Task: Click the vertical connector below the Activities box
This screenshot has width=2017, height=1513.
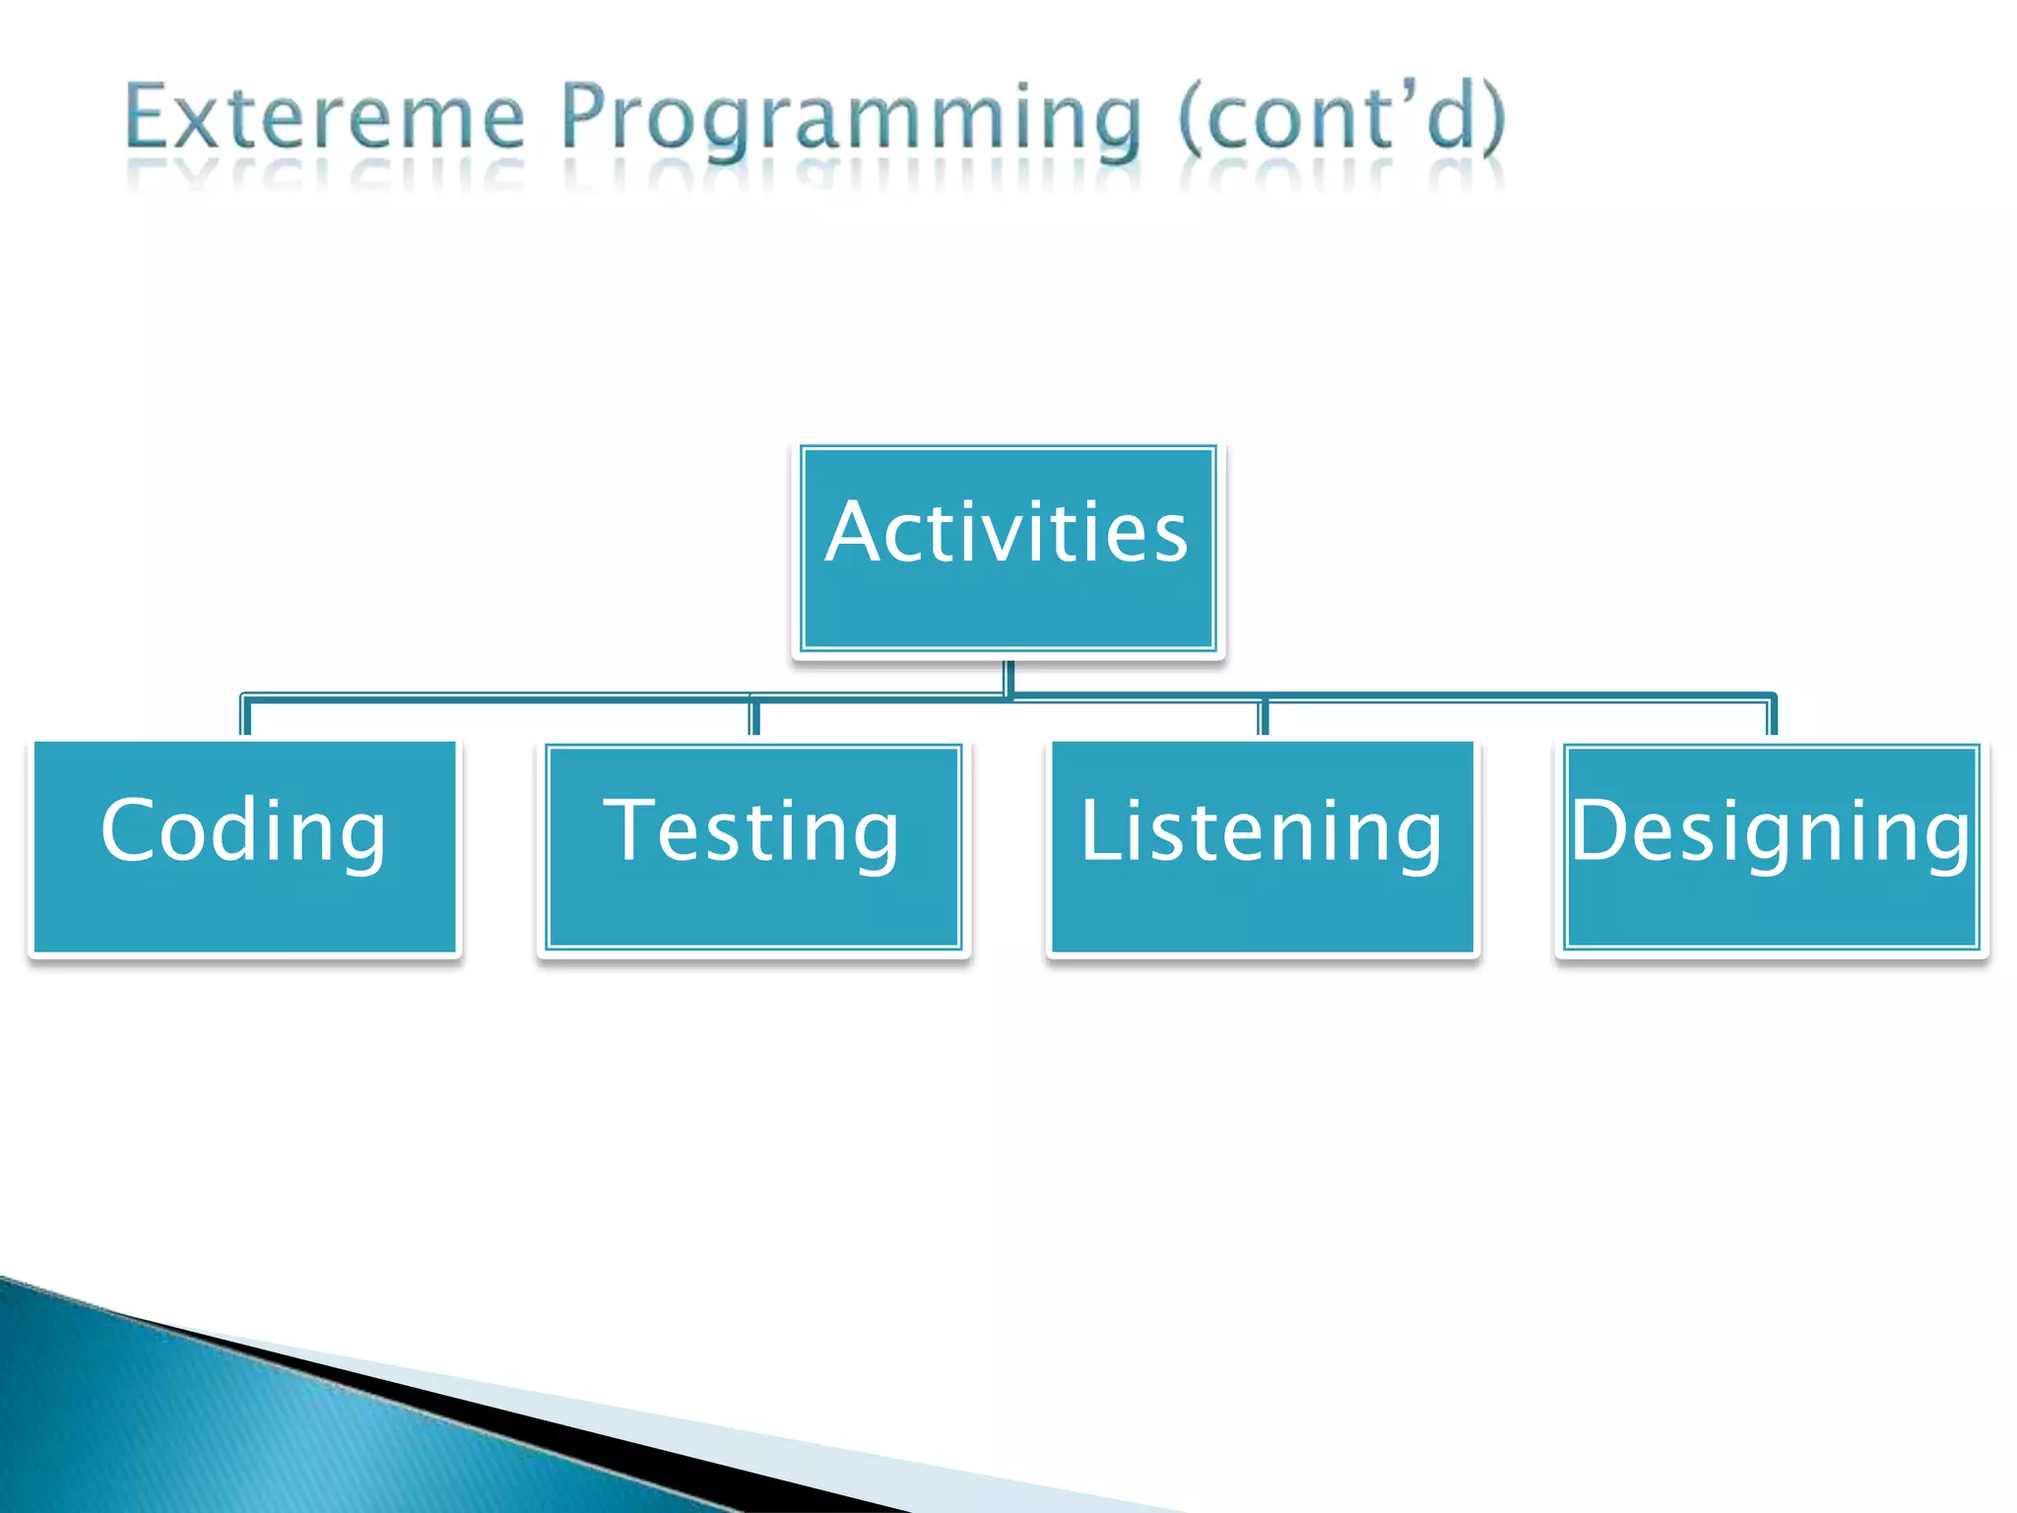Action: [x=1008, y=677]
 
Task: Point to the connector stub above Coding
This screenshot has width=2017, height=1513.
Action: [x=245, y=718]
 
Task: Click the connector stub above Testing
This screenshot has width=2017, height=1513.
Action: [x=754, y=718]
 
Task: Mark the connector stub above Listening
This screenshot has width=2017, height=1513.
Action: [x=1264, y=718]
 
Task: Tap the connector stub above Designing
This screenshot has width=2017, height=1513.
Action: [x=1772, y=718]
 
